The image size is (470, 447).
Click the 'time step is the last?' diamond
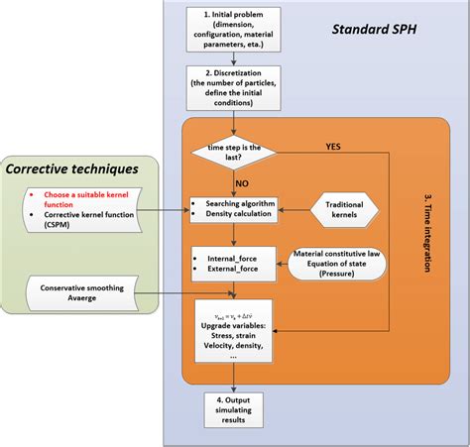coord(231,152)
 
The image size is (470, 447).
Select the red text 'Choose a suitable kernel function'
coord(79,198)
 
